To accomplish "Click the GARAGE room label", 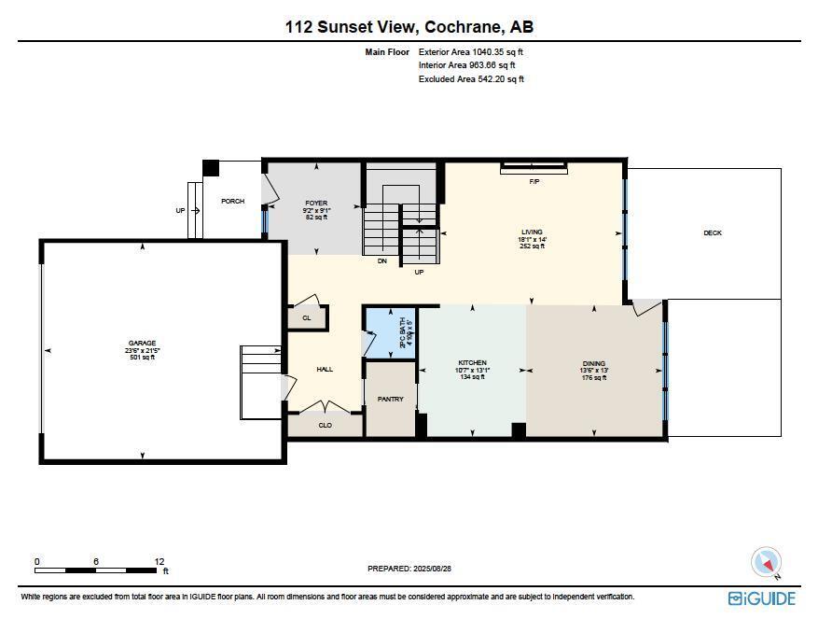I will point(143,343).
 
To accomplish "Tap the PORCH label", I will point(232,201).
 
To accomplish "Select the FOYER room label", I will point(316,203).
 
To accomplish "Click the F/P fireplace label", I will point(534,181).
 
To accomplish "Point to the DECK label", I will point(713,232).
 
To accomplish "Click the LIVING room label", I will point(532,232).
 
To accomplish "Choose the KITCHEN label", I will point(472,363).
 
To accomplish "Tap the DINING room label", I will point(594,363).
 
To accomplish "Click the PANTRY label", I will point(390,399).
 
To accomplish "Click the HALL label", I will point(325,370).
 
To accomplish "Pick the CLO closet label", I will point(325,425).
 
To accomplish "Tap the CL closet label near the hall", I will point(307,317).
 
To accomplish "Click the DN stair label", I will point(382,261).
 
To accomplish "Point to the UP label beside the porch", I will point(181,211).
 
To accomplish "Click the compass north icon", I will point(767,562).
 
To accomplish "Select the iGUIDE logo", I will point(762,598).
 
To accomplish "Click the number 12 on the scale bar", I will point(159,561).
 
